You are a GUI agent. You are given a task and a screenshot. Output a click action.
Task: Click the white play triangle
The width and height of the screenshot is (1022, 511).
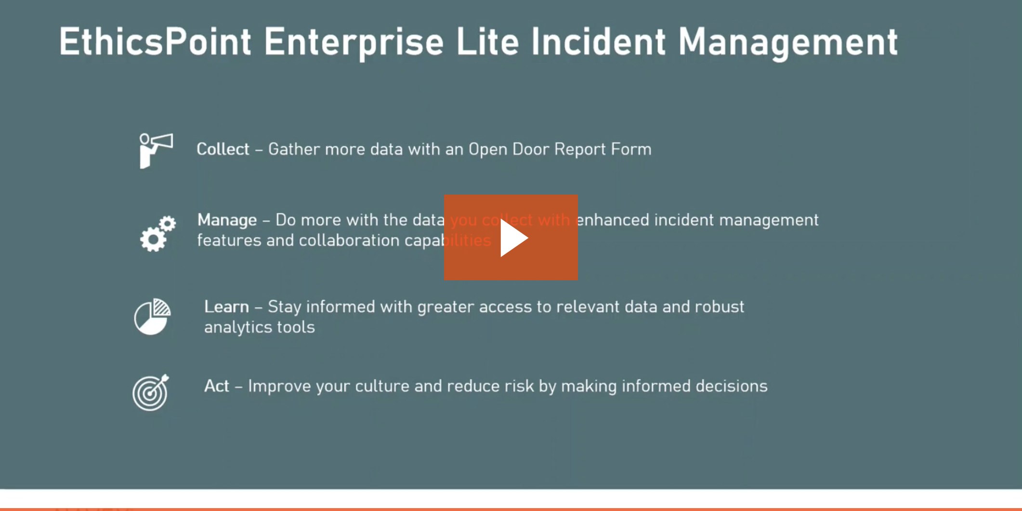[513, 238]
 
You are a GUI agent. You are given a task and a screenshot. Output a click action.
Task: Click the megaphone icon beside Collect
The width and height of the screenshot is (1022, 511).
[156, 151]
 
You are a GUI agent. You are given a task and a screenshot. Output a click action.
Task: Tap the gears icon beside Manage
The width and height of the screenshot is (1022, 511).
[157, 234]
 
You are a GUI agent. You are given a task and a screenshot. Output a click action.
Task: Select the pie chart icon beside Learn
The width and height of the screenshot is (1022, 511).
[152, 316]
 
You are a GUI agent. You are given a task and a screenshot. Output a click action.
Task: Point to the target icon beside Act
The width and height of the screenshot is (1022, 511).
[151, 393]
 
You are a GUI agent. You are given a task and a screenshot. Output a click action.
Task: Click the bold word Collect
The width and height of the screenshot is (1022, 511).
[223, 149]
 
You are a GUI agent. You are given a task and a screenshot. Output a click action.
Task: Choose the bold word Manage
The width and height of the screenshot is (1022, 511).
[227, 221]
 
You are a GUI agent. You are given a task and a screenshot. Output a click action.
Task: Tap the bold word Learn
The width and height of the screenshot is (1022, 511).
[226, 307]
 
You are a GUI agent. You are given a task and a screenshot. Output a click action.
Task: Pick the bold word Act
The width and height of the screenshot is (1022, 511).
[216, 386]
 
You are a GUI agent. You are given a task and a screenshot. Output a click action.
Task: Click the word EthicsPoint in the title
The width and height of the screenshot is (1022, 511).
[155, 42]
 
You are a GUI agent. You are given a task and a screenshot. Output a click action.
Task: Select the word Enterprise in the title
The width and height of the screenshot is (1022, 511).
[354, 43]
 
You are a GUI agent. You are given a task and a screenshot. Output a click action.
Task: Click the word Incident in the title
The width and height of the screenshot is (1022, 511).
[599, 42]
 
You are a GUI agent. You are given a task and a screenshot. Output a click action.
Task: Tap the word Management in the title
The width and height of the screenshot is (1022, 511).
[788, 43]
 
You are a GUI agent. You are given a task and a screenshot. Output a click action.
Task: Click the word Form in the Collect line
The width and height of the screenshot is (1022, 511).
[631, 149]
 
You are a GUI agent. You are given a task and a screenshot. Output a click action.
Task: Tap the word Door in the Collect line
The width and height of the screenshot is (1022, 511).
[531, 149]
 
